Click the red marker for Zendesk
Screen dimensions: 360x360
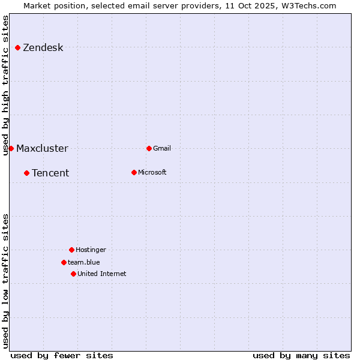[x=18, y=48]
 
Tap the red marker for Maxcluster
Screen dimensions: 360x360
[x=11, y=148]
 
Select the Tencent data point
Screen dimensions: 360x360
[x=26, y=173]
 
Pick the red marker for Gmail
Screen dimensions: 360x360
[x=149, y=148]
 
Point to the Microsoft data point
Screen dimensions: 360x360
[x=134, y=172]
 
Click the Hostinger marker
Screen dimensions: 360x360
[x=71, y=250]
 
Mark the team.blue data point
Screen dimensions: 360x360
[x=64, y=262]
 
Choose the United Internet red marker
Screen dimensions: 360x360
[x=73, y=274]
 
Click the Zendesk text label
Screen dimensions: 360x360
[x=43, y=48]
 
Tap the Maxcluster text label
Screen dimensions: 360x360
[x=42, y=148]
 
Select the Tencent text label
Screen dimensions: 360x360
[x=50, y=173]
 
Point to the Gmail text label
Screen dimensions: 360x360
[x=162, y=148]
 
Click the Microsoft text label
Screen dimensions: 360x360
[x=152, y=172]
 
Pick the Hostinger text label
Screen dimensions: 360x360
[x=91, y=250]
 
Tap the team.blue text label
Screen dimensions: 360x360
[x=84, y=262]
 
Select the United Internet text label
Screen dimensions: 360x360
[x=102, y=274]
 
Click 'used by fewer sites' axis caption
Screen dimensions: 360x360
[x=62, y=355]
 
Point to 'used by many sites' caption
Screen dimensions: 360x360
[x=301, y=355]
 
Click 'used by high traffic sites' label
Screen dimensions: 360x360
[x=6, y=85]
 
